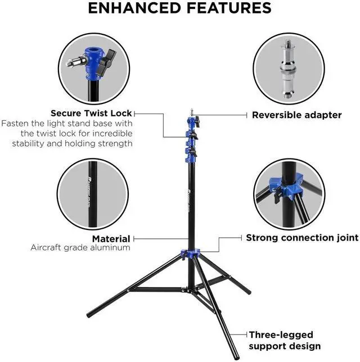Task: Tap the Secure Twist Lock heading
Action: tap(91, 113)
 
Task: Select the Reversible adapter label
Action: tap(296, 115)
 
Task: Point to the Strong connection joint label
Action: tap(301, 238)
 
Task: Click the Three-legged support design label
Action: tap(285, 340)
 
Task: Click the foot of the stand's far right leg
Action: tap(248, 292)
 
